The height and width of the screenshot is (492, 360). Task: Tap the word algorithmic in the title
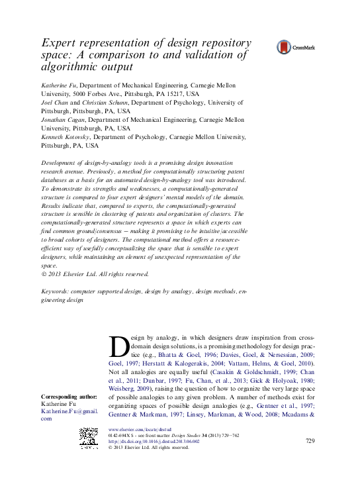67,66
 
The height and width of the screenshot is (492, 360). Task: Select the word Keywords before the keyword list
56,291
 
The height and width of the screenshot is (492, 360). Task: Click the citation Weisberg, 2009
129,389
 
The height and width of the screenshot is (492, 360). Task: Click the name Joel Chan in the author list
54,103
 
